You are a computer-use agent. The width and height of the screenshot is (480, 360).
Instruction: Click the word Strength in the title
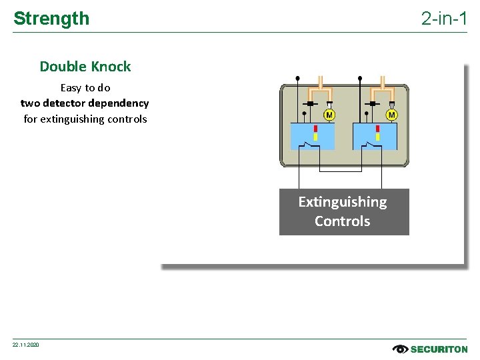[51, 19]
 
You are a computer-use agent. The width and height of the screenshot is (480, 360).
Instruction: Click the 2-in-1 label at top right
[444, 19]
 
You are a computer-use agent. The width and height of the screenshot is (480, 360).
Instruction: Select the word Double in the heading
[64, 67]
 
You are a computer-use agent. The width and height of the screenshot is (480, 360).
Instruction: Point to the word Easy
[71, 87]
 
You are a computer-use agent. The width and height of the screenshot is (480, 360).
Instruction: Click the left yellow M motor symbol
[329, 115]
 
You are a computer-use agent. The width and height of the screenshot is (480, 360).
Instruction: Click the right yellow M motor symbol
[391, 115]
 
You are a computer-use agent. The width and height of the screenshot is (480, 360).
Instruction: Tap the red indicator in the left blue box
[315, 129]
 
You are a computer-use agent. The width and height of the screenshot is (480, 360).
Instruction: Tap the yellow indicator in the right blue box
[377, 137]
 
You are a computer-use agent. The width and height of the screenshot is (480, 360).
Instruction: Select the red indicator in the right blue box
[377, 129]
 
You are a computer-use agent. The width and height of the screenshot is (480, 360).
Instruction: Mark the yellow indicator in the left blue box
[315, 137]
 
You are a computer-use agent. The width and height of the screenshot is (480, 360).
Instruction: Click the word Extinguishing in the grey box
[343, 202]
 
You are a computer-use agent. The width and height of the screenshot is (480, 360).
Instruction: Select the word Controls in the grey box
[343, 221]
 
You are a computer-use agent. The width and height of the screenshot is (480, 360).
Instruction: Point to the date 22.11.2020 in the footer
[26, 345]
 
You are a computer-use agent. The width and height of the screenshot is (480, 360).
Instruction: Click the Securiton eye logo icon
[400, 349]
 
